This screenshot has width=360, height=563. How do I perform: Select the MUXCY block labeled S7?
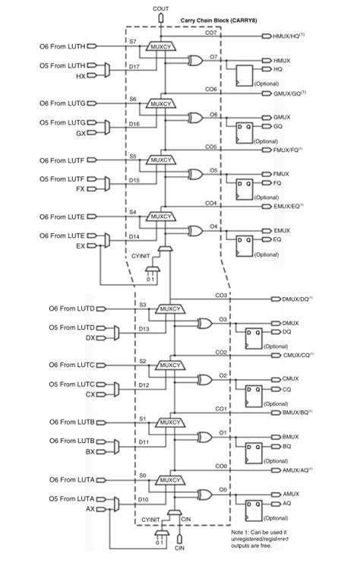tap(161, 47)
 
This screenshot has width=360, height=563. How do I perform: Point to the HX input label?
tap(81, 77)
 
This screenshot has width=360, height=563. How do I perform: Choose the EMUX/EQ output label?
tap(287, 207)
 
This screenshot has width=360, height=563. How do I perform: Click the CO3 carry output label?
tap(221, 295)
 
